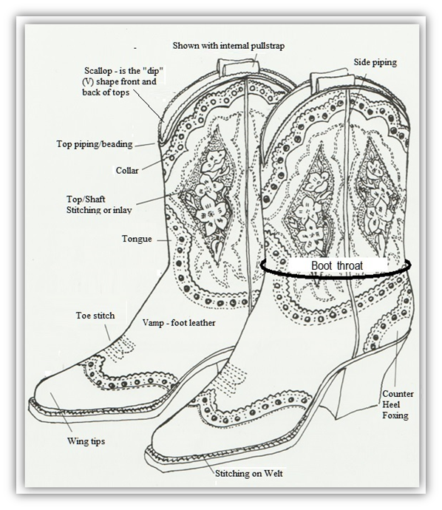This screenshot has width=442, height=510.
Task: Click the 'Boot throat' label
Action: point(336,266)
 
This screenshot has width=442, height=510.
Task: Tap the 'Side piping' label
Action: point(375,62)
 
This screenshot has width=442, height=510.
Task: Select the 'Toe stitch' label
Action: point(95,316)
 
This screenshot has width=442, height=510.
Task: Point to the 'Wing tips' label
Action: point(86,441)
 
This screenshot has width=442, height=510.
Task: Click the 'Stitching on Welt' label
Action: point(249,473)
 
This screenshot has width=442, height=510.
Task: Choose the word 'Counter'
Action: point(398,394)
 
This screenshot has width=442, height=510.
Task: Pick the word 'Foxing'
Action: point(395,415)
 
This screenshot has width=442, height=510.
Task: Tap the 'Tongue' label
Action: point(137,239)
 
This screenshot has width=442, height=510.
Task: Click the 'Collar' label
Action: point(127,171)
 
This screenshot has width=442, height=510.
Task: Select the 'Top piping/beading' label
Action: point(95,144)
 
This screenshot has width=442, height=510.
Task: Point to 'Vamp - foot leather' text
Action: point(179,323)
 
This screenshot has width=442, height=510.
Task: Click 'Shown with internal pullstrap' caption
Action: point(228,46)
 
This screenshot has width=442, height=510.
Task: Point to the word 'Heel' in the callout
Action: point(391,404)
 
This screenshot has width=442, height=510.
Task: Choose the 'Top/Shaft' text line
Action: point(86,200)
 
